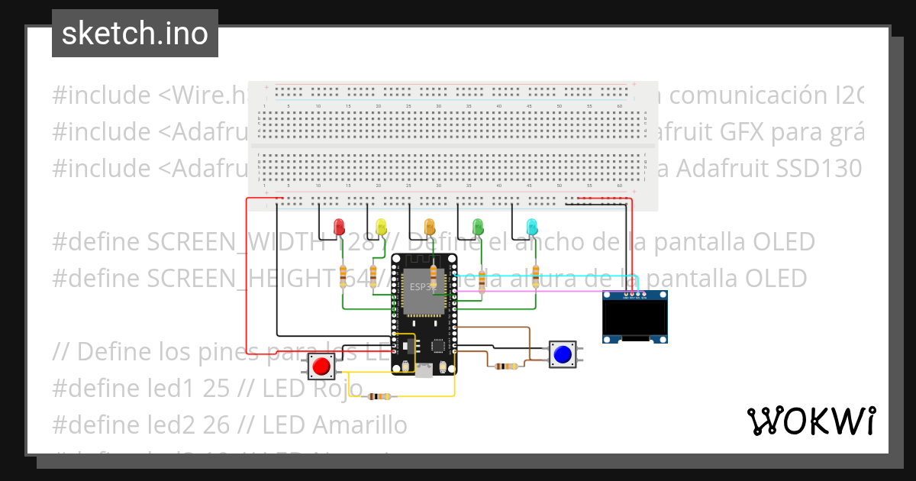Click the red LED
340,226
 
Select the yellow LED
382,226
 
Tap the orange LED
430,226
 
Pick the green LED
479,226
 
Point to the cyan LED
532,226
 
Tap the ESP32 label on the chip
419,287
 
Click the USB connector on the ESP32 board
424,370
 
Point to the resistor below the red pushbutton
379,396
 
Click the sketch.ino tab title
134,34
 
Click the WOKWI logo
811,421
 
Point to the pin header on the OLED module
635,294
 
